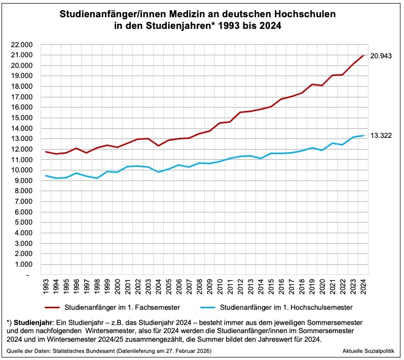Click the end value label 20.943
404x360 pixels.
tap(381, 55)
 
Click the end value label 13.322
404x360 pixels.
tap(381, 136)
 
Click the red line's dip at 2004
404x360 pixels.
tap(159, 146)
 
